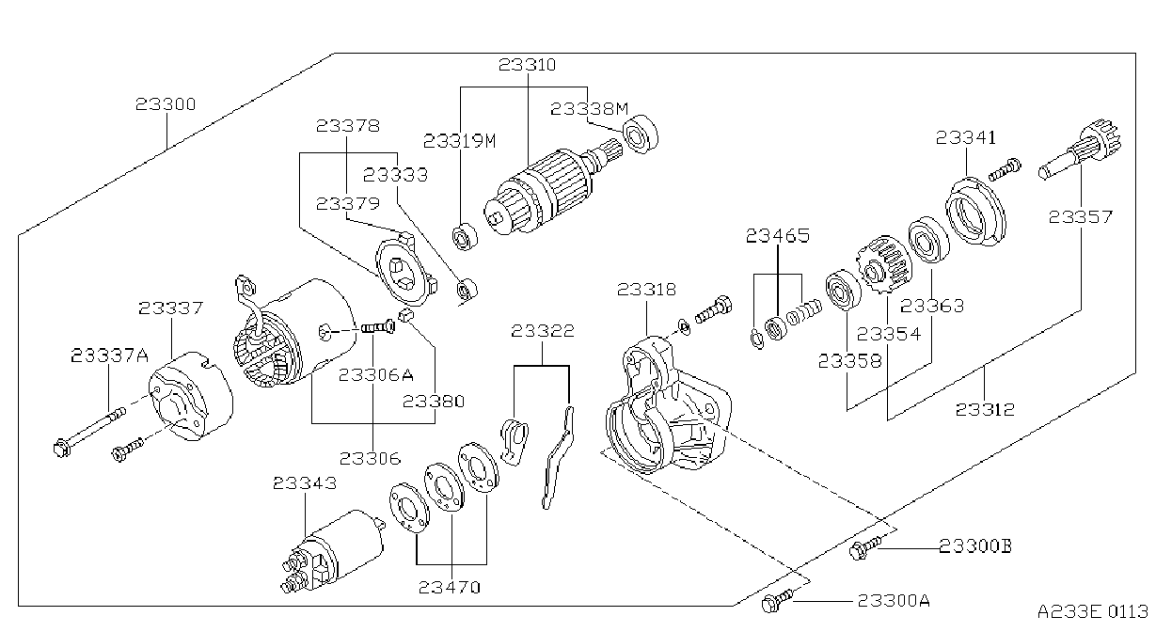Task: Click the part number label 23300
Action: (x=166, y=104)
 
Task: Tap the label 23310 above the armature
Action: (x=527, y=65)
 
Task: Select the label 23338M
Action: (x=590, y=108)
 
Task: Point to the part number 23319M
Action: (x=459, y=140)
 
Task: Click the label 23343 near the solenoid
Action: (x=305, y=482)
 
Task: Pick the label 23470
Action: (x=449, y=587)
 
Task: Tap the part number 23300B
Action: (x=975, y=545)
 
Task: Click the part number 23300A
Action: (x=894, y=601)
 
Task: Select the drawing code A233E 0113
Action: (x=1093, y=612)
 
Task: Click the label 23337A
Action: (x=109, y=355)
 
